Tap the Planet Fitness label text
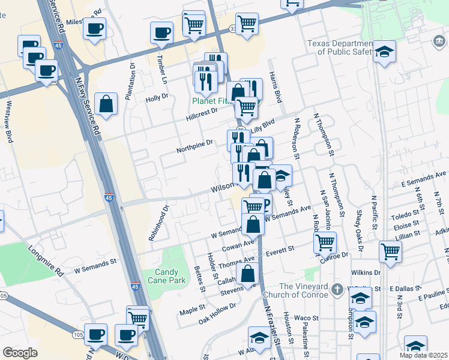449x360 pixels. (x=210, y=101)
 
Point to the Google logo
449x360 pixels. (x=20, y=353)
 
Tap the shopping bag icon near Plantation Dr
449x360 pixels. (x=106, y=104)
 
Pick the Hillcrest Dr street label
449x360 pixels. (x=201, y=112)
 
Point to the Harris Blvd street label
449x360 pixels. (x=275, y=88)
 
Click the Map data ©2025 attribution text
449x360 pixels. (x=424, y=355)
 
